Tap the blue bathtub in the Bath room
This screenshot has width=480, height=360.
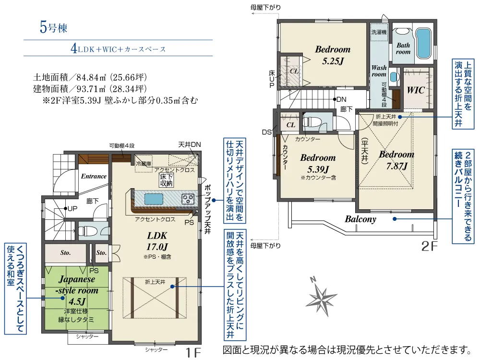(423, 43)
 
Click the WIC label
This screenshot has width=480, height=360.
(415, 90)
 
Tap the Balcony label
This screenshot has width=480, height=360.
(360, 219)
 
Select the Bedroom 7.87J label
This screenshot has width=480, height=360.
(396, 160)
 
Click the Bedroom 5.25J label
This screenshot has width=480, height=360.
(333, 55)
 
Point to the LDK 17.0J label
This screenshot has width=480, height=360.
(157, 241)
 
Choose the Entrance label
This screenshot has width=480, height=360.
(94, 176)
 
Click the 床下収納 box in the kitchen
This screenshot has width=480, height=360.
(166, 180)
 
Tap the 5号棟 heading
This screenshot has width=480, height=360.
(53, 27)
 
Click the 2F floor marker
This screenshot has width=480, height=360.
(429, 246)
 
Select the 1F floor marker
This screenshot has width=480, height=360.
(193, 352)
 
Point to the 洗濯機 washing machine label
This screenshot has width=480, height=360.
(379, 32)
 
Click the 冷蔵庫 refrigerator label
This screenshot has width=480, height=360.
(144, 164)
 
